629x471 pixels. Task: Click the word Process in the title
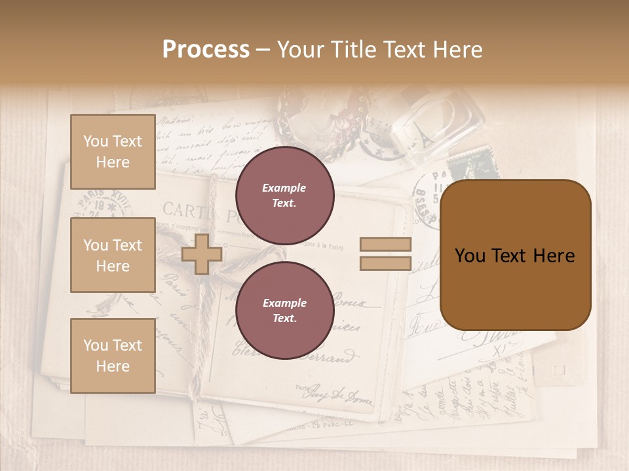pos(206,50)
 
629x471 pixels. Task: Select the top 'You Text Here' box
pos(113,152)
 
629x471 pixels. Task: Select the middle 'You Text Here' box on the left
pos(113,255)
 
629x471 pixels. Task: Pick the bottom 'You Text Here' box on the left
pos(113,355)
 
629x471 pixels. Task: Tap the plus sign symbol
pos(202,254)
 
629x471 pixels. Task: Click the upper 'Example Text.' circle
pos(284,195)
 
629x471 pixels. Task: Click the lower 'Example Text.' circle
pos(284,310)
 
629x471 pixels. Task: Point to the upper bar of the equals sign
pos(385,245)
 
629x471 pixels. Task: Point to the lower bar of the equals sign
pos(385,263)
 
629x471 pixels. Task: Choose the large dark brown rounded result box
pos(515,255)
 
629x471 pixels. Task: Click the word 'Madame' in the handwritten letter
pos(173,121)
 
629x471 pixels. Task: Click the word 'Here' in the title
pos(457,50)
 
